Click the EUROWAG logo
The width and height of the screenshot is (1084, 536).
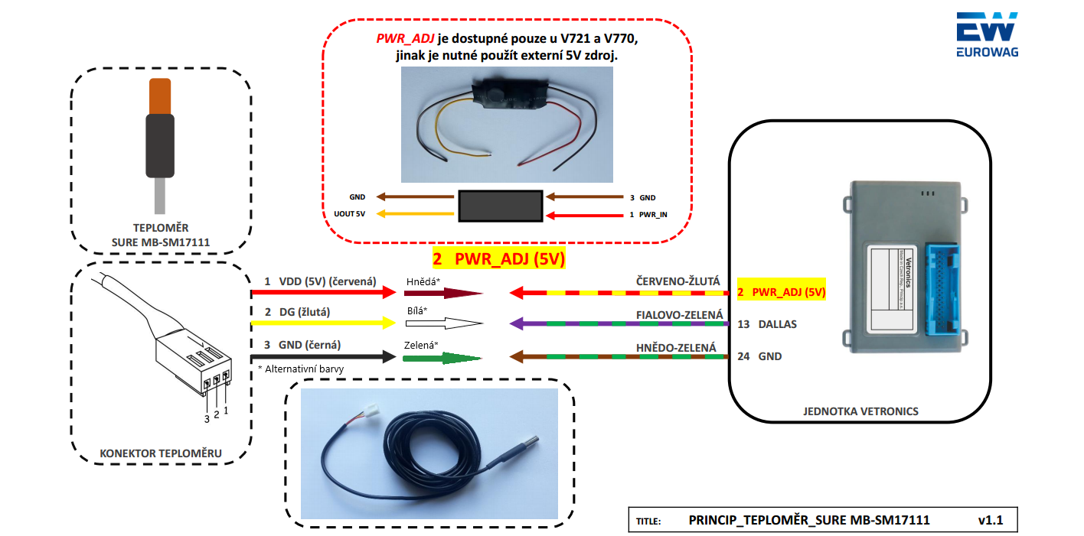pos(987,35)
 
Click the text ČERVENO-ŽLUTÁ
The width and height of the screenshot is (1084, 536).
pos(677,282)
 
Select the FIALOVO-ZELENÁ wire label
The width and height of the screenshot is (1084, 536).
pos(678,314)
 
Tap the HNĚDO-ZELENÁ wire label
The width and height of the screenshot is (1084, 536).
pos(677,347)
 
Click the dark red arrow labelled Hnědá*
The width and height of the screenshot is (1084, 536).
pos(443,293)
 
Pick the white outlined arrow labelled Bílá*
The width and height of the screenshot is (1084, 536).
pos(443,323)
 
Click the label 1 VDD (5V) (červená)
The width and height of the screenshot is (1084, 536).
pos(320,281)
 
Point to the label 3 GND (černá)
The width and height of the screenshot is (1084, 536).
pos(302,346)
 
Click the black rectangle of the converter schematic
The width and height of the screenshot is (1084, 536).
pos(500,206)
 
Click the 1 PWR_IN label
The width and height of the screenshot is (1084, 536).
pos(648,215)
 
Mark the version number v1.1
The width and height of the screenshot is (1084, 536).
pos(990,520)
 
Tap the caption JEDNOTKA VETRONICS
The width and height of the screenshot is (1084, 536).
pos(860,411)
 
